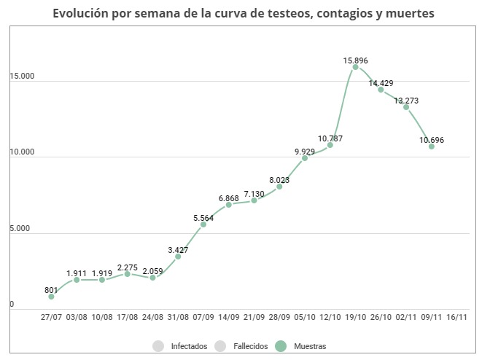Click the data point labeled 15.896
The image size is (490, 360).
(355, 67)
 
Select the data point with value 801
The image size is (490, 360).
(51, 297)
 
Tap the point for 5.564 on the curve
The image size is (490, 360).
(203, 224)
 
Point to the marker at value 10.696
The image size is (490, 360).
(432, 146)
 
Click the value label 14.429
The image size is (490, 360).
(381, 84)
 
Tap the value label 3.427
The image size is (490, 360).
(178, 250)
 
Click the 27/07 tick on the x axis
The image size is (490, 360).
(51, 317)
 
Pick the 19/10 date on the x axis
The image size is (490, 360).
(355, 317)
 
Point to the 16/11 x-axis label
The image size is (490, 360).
(457, 317)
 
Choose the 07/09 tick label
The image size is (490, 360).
(203, 317)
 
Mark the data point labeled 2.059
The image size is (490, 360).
(152, 278)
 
